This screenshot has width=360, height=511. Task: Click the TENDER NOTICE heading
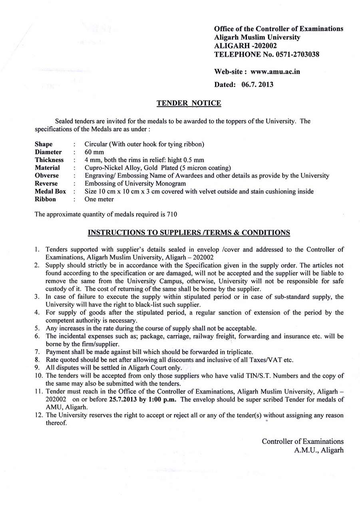click(x=189, y=103)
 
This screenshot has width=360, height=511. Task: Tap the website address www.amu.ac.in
click(x=275, y=72)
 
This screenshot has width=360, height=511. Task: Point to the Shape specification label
click(x=44, y=144)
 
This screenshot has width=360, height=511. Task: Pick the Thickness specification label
click(x=49, y=160)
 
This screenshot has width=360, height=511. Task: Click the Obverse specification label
click(x=47, y=176)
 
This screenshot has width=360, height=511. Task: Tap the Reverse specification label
click(x=46, y=184)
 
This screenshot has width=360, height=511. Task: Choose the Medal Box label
click(x=50, y=192)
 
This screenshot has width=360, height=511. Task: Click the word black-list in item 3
click(x=145, y=305)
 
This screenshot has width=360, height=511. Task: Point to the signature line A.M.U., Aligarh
click(x=319, y=450)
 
